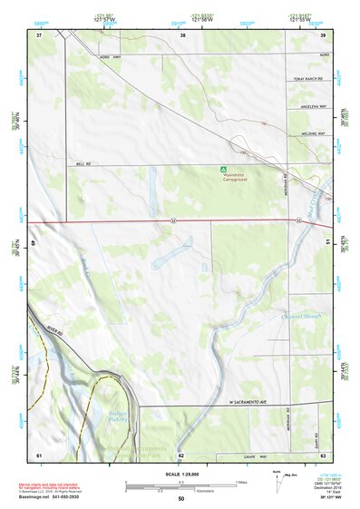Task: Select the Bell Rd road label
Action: coord(83,164)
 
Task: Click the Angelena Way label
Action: coord(313,106)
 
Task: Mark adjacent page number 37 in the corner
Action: coord(39,34)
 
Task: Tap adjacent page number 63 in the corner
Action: coord(323,455)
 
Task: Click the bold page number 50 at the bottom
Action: coord(181,499)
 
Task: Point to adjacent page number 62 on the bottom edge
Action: coord(181,455)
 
